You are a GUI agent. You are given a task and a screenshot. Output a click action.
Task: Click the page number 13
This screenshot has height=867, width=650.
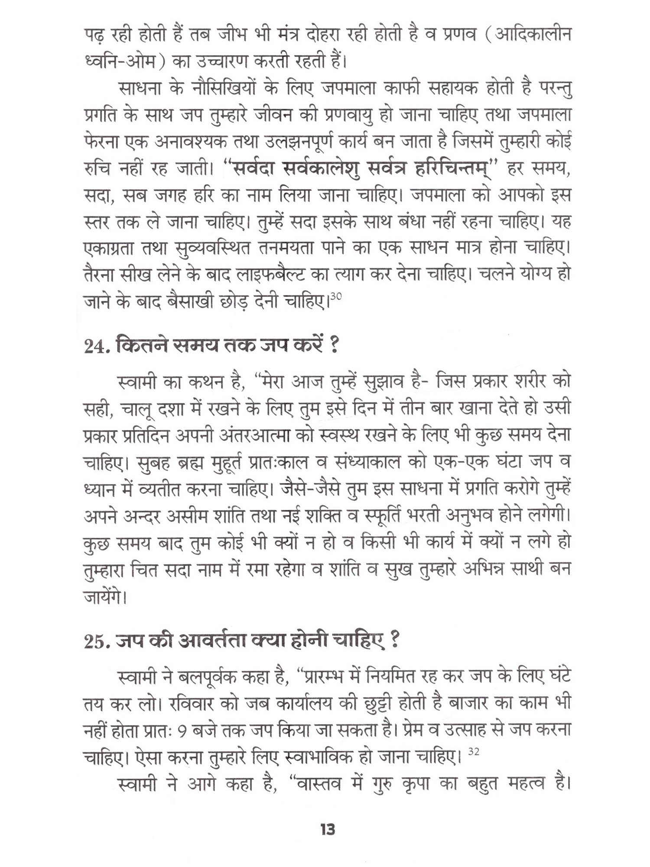click(x=328, y=830)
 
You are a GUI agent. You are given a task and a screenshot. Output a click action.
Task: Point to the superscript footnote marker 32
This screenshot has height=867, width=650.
click(x=474, y=751)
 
